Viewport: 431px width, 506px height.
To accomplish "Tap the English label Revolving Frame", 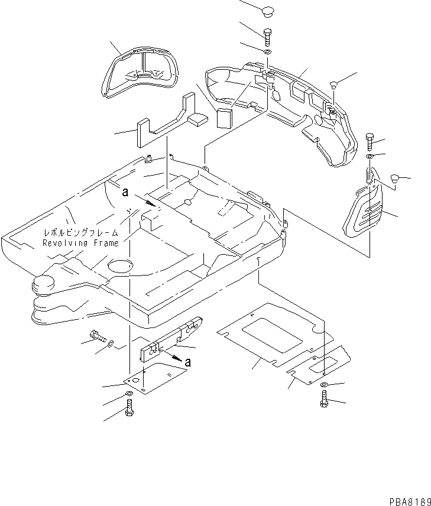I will [x=80, y=243].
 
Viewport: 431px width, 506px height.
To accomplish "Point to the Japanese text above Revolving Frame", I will [x=80, y=233].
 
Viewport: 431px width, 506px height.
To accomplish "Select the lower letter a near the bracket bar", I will [x=187, y=362].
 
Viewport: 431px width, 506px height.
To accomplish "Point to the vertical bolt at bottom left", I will [x=129, y=407].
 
